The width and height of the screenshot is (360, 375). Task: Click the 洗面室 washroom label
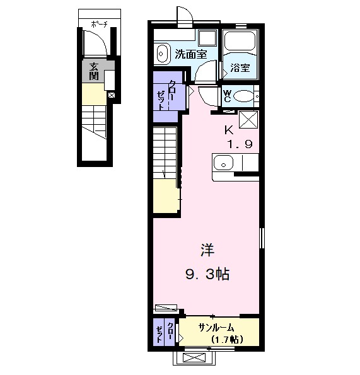[x=190, y=54]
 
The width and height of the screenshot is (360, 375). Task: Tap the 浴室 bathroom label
[x=239, y=67]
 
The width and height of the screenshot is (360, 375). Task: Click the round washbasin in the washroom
[x=162, y=54]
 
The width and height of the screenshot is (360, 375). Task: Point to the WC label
[x=228, y=95]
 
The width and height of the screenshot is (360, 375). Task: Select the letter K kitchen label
[x=229, y=130]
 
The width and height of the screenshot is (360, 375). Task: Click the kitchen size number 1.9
[x=240, y=144]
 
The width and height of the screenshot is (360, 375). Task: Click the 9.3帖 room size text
[x=206, y=274]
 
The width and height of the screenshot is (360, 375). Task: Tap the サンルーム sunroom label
[x=217, y=327]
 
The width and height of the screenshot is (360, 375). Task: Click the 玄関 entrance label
[x=93, y=71]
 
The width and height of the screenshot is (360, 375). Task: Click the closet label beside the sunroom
[x=165, y=331]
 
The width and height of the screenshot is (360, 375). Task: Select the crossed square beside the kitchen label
[x=247, y=120]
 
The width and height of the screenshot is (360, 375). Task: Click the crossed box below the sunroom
[x=193, y=357]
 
